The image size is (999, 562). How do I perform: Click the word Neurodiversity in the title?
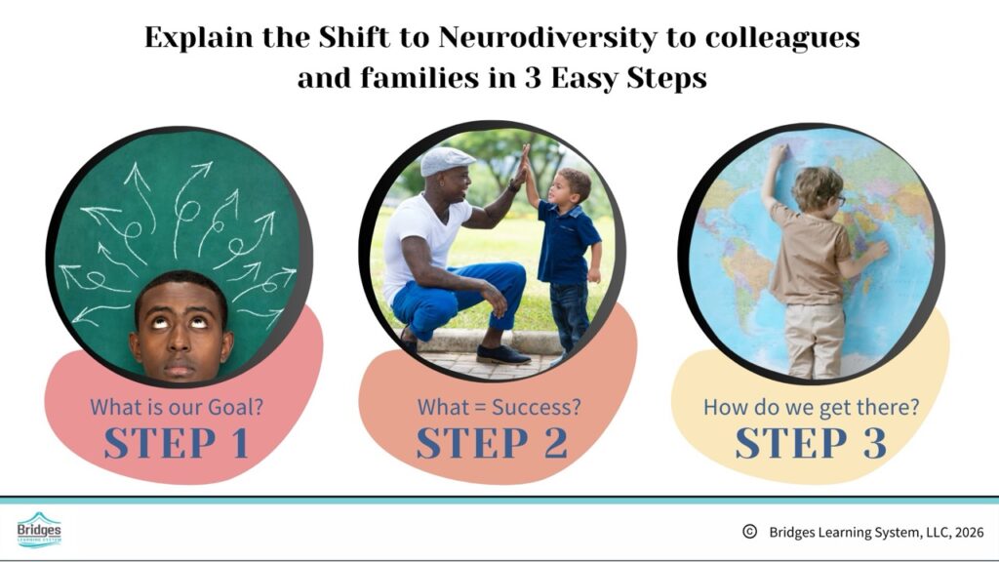(x=547, y=38)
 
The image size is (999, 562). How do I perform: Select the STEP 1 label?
(x=177, y=443)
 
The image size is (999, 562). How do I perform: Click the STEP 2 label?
(x=492, y=443)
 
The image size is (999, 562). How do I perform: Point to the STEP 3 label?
(x=811, y=443)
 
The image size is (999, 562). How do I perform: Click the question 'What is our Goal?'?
(x=177, y=407)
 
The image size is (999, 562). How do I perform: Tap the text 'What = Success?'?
(x=499, y=407)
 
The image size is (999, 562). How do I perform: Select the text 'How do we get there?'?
(x=811, y=407)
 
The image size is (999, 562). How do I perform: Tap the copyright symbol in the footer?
(x=750, y=532)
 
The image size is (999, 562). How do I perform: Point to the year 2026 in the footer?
(x=969, y=532)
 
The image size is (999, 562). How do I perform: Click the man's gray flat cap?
(x=447, y=161)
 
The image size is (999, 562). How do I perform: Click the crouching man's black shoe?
(x=502, y=354)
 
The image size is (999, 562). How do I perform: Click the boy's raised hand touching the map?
(x=779, y=153)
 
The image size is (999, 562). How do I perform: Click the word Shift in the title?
(x=353, y=38)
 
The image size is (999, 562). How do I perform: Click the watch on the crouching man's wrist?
(x=513, y=186)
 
